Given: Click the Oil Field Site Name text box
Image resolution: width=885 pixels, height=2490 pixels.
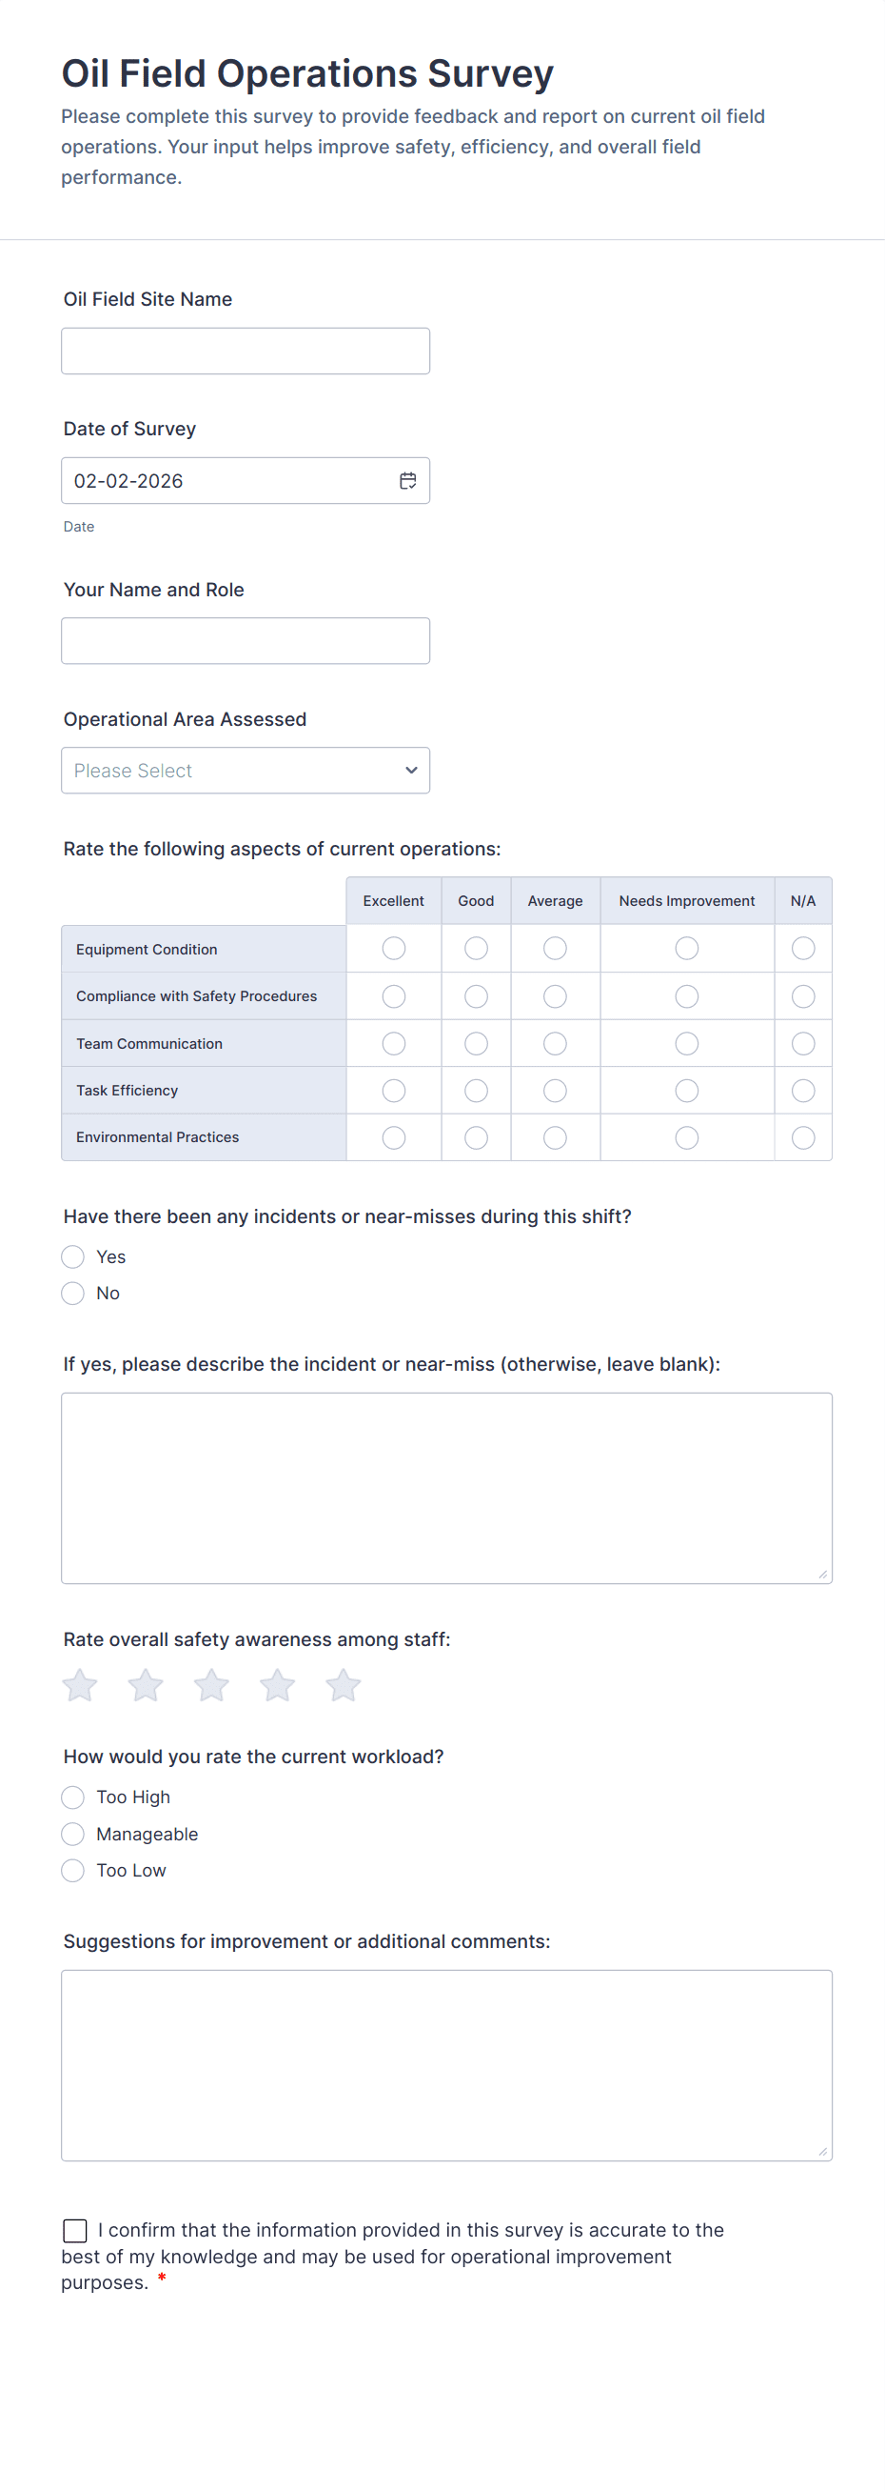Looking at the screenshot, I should [x=246, y=351].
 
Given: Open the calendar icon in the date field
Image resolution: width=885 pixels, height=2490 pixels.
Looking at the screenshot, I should [x=407, y=480].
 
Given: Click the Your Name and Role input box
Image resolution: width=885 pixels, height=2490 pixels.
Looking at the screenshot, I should [x=246, y=641].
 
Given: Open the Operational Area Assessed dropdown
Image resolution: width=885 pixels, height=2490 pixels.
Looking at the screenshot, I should [x=246, y=771].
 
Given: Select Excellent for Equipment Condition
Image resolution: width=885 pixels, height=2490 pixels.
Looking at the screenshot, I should [x=393, y=948].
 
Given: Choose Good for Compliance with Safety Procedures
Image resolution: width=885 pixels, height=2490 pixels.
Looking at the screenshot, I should [x=477, y=995].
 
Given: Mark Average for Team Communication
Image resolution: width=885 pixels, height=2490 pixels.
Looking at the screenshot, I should [x=555, y=1043].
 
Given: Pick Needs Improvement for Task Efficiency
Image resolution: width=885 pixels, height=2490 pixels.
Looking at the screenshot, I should [x=687, y=1091].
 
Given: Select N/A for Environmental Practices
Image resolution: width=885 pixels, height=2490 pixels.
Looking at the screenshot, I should [x=803, y=1137].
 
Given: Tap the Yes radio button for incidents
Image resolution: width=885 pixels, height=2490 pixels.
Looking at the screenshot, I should [x=73, y=1256].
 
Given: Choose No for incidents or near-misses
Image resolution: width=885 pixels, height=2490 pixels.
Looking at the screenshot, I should [x=73, y=1294].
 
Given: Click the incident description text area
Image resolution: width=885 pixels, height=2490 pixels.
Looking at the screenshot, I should [x=446, y=1488].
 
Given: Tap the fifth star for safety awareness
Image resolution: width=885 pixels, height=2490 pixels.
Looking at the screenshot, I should [x=343, y=1685].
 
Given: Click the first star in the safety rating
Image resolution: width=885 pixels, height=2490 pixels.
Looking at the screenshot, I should [x=80, y=1685].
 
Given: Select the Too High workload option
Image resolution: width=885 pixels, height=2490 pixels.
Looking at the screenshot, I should [x=73, y=1797].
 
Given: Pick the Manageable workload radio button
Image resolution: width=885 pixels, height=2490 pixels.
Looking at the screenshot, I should [x=73, y=1834].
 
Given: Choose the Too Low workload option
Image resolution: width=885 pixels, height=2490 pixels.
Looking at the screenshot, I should [x=73, y=1871].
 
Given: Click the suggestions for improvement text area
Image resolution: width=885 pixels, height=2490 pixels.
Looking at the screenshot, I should [x=446, y=2065].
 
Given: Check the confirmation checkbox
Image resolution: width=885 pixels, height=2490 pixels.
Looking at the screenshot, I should [x=75, y=2230].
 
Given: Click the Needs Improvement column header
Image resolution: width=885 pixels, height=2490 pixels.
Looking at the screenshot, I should [x=687, y=901].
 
